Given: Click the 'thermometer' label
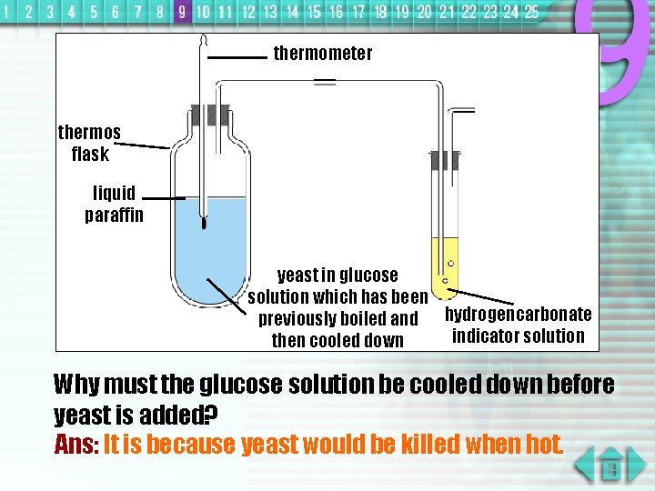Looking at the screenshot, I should point(322,54).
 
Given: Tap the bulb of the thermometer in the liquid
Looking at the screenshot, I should point(204,222).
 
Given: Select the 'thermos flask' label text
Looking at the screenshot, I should point(89,143).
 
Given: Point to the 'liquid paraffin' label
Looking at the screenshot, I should point(114,204).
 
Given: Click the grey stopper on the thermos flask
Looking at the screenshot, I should point(210,115).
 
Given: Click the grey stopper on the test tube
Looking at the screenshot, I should point(445,161).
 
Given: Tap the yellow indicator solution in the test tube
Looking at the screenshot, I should point(445,264).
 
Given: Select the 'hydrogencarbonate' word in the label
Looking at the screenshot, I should point(518,315).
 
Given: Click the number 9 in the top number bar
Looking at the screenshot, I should point(182,12).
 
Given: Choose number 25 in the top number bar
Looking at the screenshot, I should point(531,12).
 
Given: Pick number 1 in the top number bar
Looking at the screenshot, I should point(8,12).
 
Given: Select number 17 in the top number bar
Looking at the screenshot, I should point(358,12).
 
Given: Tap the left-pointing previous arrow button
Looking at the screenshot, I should point(584,463).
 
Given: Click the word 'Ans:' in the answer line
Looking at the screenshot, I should point(76,445).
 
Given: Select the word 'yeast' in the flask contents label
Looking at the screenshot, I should point(297,276).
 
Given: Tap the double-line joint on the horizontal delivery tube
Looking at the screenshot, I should point(324,83).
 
